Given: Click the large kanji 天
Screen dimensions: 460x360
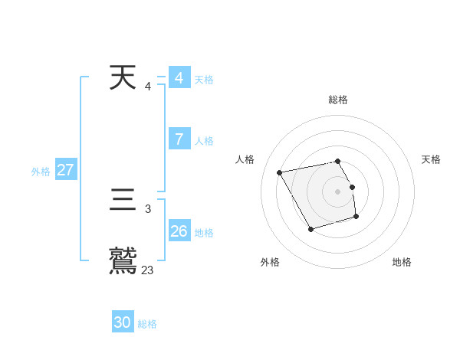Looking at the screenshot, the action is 123,78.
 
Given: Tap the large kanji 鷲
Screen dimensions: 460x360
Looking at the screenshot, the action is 123,260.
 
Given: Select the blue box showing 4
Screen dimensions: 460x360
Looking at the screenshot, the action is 179,78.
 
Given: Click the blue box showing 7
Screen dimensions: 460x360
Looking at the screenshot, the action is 179,139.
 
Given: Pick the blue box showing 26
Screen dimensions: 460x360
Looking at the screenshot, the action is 179,231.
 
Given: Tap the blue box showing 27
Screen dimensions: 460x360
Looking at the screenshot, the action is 65,170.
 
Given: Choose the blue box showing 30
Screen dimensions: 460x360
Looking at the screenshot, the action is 123,322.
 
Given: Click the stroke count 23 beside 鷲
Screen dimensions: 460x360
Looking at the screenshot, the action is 147,270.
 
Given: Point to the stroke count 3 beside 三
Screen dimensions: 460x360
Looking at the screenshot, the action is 147,208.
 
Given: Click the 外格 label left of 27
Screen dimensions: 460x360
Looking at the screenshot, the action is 41,172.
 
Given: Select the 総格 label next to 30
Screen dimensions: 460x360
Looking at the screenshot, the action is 147,324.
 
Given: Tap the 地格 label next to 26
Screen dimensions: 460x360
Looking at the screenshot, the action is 204,232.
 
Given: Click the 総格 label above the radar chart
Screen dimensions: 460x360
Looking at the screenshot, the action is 337,100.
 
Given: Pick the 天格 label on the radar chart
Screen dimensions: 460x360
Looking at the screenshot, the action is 431,159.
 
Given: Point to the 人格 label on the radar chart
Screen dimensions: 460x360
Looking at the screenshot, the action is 245,159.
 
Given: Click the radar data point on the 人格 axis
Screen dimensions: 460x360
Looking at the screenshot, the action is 280,172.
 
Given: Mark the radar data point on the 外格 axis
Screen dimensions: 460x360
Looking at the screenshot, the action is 310,229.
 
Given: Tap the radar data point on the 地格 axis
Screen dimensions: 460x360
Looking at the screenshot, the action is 356,218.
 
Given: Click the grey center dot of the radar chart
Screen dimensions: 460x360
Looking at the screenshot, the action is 337,191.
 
